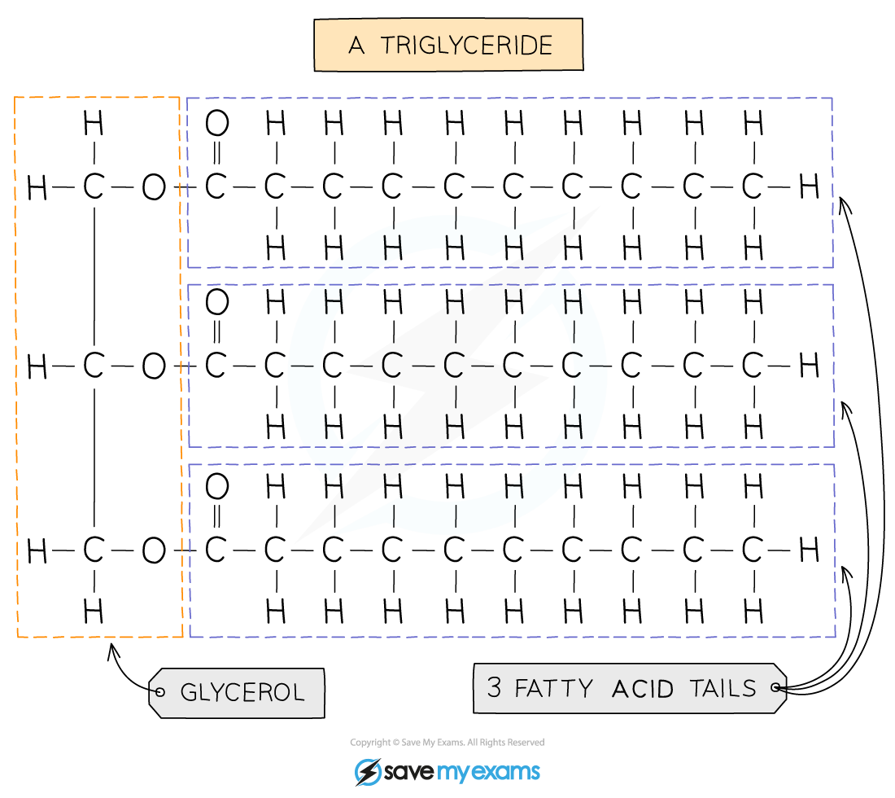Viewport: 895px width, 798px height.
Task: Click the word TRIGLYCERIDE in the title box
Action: [466, 45]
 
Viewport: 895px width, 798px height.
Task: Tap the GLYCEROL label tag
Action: [236, 692]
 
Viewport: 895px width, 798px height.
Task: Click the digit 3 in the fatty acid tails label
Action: [495, 687]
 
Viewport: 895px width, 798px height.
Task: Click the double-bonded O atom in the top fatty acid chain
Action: [217, 123]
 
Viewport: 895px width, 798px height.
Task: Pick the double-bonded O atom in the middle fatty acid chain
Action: [217, 301]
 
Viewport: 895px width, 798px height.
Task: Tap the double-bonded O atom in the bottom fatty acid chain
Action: [217, 487]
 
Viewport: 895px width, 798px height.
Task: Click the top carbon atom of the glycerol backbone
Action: [94, 186]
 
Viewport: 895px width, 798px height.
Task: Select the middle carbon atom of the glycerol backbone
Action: [94, 366]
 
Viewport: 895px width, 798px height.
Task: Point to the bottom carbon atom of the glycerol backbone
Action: [94, 550]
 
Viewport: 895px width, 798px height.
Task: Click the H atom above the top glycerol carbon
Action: [94, 123]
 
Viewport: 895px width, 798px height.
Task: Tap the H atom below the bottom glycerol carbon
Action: [94, 612]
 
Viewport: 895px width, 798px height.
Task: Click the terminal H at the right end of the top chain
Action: [810, 186]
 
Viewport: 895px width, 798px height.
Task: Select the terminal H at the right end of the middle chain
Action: [810, 366]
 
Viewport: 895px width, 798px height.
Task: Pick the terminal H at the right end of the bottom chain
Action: [810, 550]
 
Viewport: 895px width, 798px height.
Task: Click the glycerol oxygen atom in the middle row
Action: [154, 366]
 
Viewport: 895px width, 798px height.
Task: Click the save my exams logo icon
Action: [368, 772]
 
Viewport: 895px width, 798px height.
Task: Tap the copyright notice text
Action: [447, 742]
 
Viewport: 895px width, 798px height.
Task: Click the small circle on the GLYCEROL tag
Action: [160, 692]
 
